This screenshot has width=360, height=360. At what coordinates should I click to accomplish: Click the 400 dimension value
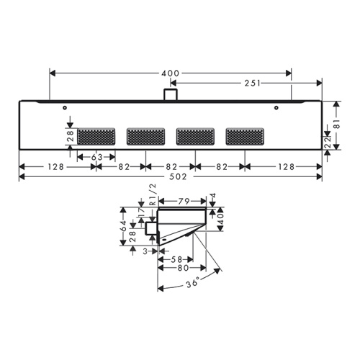point(170,73)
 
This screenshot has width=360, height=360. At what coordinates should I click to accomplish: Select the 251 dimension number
point(253,84)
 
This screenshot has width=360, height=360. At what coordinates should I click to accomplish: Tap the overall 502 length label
point(178,177)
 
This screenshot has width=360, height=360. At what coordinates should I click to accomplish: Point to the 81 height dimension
point(337,124)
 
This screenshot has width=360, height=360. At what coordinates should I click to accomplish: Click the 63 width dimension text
point(97,158)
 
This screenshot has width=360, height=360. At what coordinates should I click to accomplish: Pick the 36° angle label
point(193,282)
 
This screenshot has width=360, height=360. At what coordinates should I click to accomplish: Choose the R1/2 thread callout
point(153,194)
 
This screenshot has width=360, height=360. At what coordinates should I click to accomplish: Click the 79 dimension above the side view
point(184,201)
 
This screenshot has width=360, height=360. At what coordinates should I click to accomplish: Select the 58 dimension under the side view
point(177,259)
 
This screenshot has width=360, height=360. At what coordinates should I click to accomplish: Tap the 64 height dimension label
point(123,225)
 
